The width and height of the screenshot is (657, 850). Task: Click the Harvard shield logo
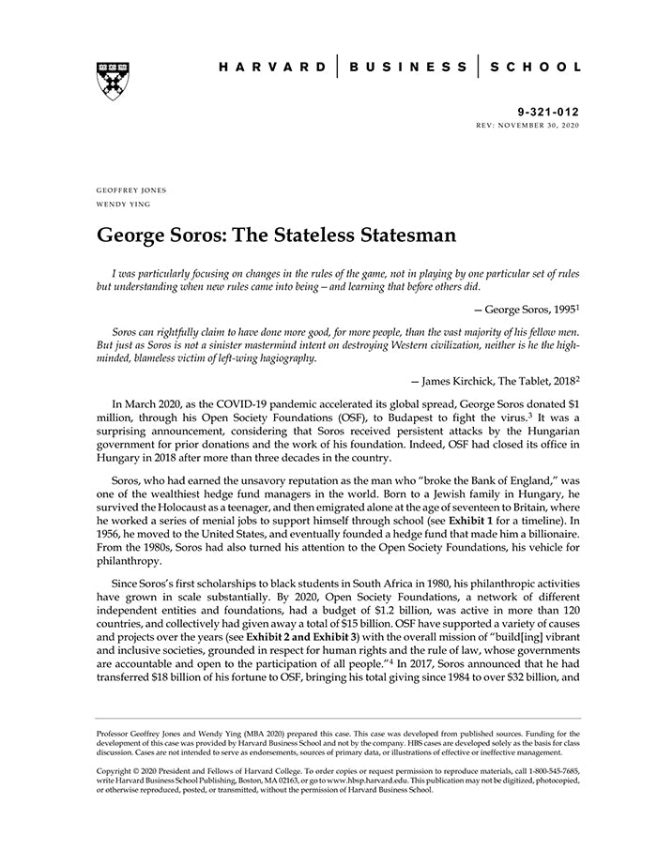pos(113,82)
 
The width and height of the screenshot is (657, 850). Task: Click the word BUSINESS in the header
pos(407,68)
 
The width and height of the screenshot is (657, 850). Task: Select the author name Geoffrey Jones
pos(131,190)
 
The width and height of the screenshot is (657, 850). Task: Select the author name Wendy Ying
pos(122,204)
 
